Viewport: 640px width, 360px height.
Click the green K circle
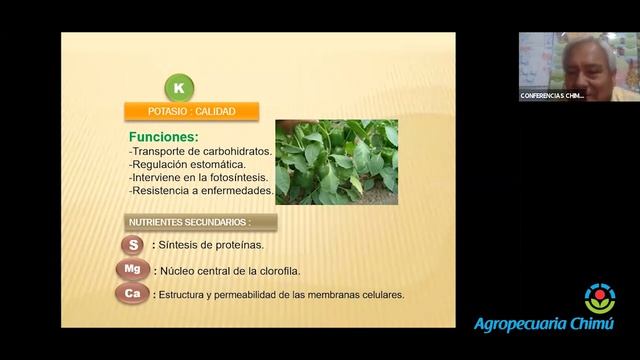pos(178,87)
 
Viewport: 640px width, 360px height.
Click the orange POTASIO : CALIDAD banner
pos(191,111)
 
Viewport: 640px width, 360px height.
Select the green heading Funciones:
pos(163,136)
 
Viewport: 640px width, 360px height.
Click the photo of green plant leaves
pos(336,162)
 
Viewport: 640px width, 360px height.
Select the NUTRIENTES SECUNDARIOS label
pos(187,221)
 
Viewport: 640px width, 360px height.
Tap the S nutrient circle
pos(132,245)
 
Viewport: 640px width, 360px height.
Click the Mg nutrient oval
pos(133,270)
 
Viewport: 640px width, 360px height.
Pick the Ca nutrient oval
pos(132,294)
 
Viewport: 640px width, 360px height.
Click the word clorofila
pos(277,271)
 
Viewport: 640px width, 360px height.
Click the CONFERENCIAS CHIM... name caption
pos(552,96)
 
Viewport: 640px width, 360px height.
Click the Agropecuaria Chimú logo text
pos(543,324)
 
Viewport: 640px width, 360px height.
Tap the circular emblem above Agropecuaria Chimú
pos(600,298)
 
